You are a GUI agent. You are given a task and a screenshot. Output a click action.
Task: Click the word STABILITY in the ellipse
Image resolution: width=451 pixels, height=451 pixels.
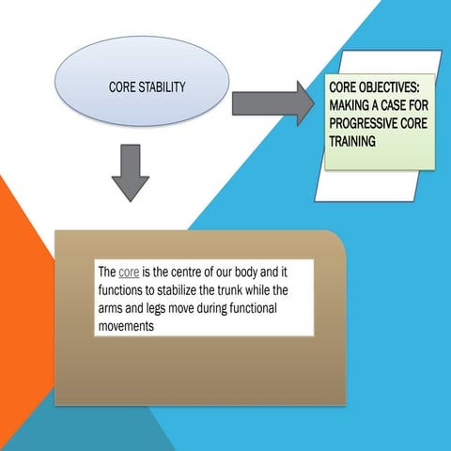tap(166, 87)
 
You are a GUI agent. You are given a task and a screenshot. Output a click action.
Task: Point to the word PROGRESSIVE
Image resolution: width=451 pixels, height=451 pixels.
tap(362, 125)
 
